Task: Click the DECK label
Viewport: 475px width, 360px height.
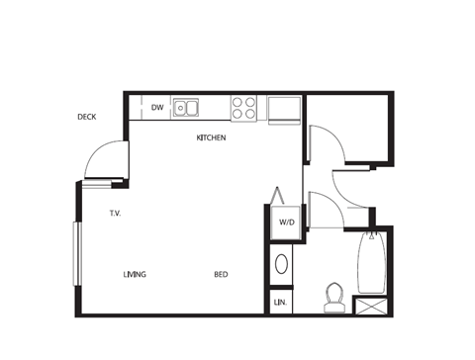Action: coord(86,117)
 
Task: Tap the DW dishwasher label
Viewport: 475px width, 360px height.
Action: coord(157,107)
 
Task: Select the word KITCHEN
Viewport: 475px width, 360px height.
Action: coord(211,137)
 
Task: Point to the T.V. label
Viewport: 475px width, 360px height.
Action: coord(115,213)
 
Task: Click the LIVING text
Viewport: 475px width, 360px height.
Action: coord(135,274)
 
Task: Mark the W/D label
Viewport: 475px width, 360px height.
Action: coord(286,223)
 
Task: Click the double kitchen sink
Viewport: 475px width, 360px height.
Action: coord(185,107)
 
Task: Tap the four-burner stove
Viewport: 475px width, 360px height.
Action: coord(243,107)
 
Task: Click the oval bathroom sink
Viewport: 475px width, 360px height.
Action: coord(281,264)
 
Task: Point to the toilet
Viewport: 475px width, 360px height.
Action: coord(333,295)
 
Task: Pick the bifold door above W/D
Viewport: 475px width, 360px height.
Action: coord(278,195)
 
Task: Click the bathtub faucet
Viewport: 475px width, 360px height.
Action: coord(370,236)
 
